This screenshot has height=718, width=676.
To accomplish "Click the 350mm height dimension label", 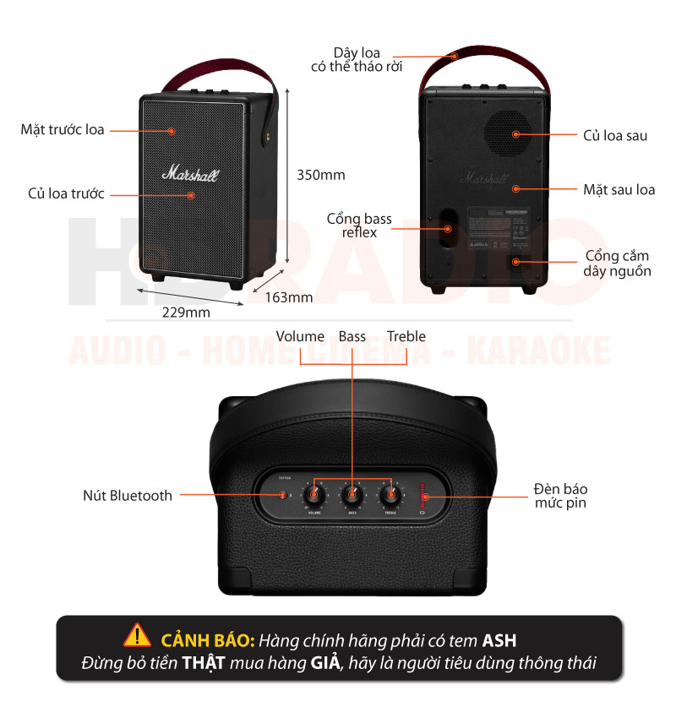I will [321, 176].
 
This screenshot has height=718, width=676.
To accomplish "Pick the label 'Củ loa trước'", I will [66, 194].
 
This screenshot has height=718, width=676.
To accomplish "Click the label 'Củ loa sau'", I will [615, 135].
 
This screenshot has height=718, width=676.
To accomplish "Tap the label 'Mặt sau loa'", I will [619, 189].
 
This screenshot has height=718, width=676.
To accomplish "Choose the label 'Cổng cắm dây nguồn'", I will [617, 264].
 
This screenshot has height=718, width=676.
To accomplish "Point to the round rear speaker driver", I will [510, 133].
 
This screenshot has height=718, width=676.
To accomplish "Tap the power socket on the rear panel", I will [512, 262].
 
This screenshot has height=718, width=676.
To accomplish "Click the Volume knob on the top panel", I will [314, 494].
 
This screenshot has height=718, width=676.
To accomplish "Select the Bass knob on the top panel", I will [352, 494].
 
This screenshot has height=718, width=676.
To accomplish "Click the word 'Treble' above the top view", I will [406, 337].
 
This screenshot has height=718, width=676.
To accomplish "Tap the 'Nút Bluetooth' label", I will [128, 496].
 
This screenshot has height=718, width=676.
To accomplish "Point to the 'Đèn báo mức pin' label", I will [560, 496].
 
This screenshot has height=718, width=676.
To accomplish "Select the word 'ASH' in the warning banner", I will [499, 639].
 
